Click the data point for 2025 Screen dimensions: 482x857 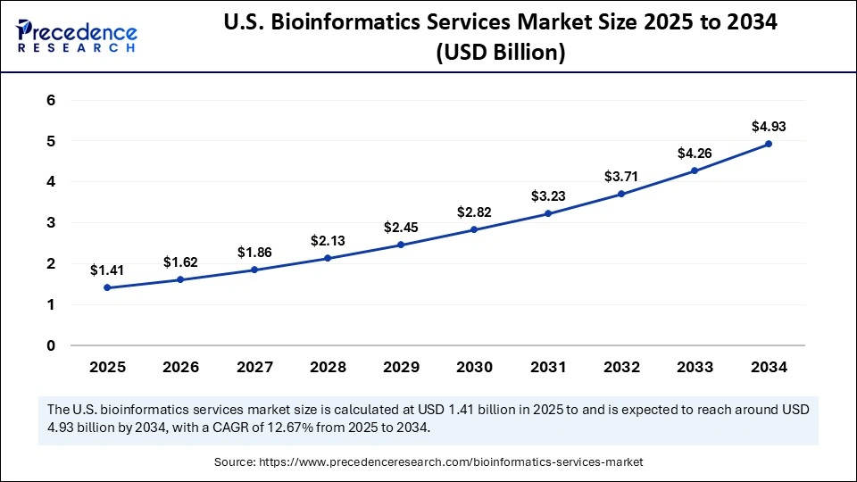106,287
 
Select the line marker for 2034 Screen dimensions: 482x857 769,144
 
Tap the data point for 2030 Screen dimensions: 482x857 474,229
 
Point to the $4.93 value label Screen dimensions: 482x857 769,126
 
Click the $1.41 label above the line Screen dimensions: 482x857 106,270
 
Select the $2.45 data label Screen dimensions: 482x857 401,227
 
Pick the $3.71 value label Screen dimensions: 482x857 621,176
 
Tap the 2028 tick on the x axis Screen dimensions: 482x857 327,367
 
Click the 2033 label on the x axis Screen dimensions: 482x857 695,367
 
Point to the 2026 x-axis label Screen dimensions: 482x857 180,367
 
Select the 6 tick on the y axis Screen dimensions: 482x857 51,100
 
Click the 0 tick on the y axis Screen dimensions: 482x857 51,345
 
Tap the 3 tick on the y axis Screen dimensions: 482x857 51,222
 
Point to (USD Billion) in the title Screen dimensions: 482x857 500,54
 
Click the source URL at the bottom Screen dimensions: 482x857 451,461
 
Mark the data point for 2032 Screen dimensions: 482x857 621,194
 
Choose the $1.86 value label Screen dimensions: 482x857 254,253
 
